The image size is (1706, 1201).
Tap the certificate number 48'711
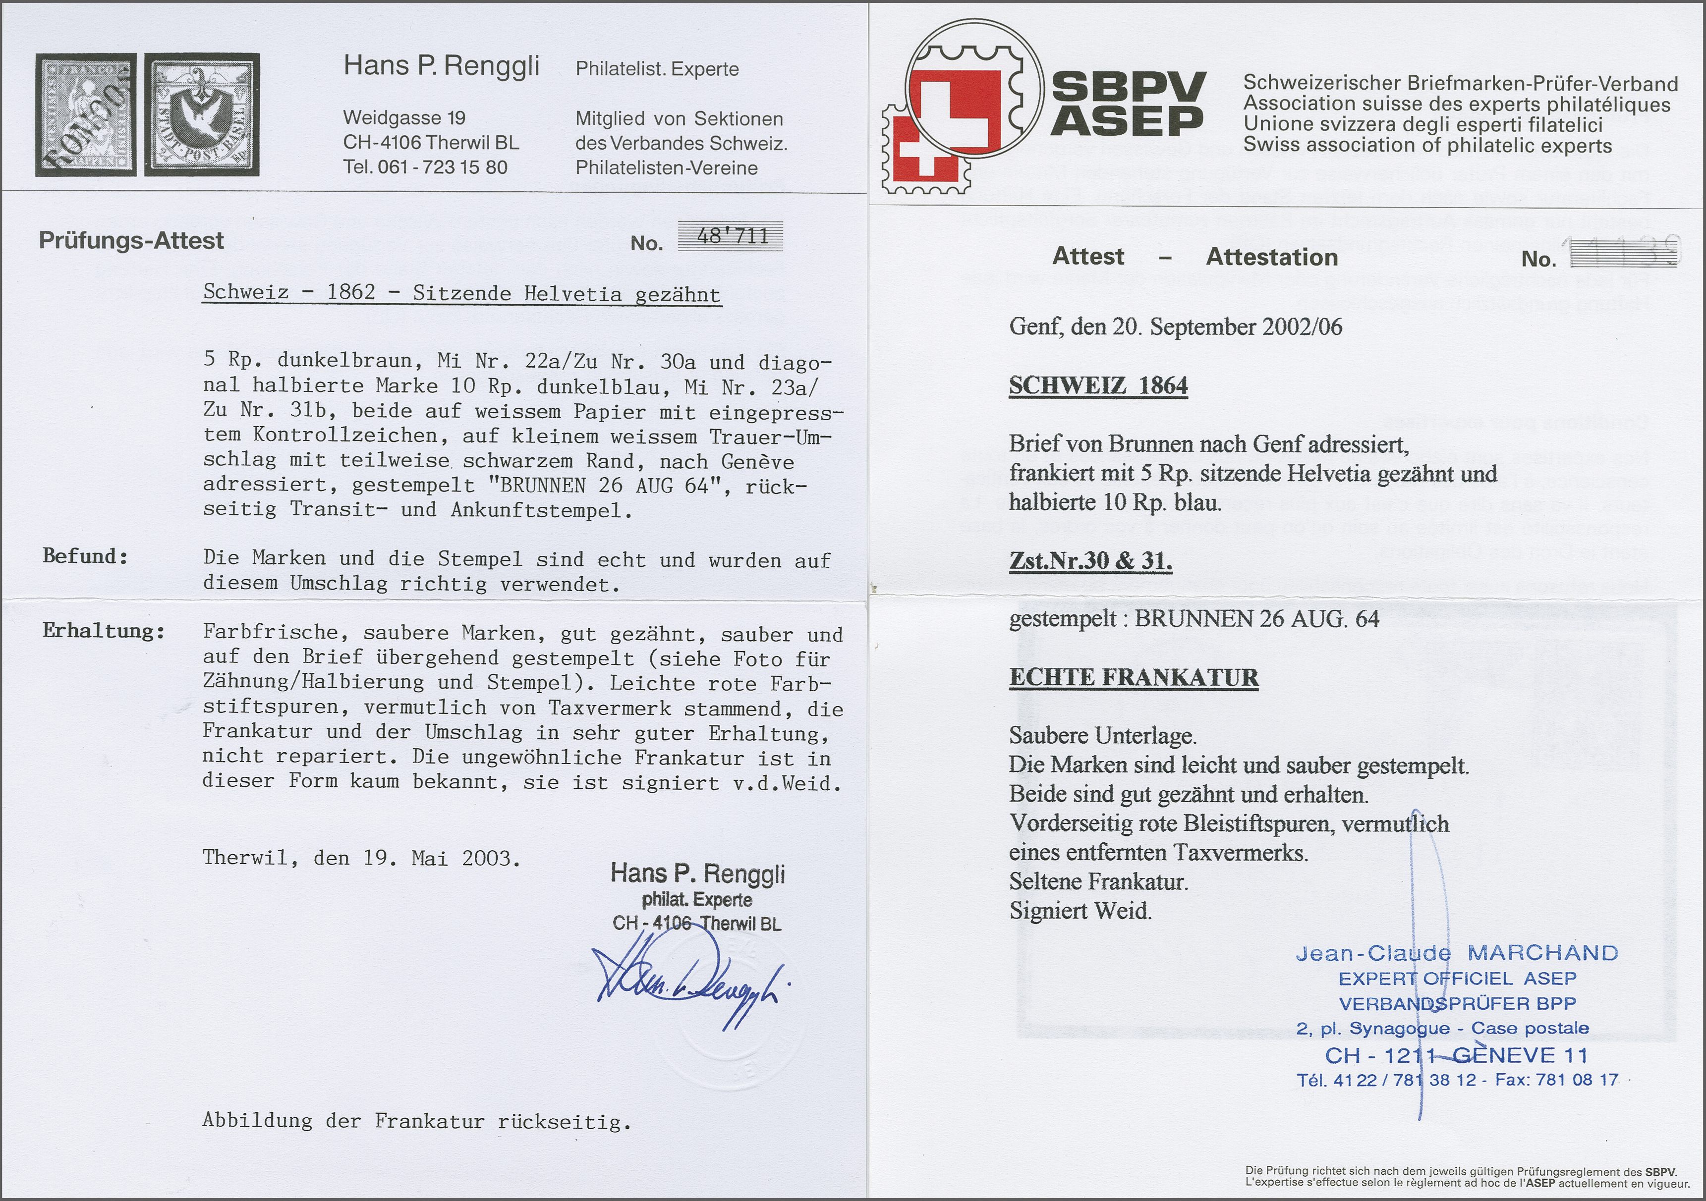click(x=731, y=237)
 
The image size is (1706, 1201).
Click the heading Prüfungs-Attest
click(x=131, y=241)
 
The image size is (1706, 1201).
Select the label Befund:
click(x=85, y=556)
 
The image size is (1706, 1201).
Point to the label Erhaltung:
click(x=103, y=631)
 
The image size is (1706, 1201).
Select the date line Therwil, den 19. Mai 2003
click(x=361, y=859)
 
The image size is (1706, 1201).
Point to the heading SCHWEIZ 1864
click(x=1098, y=386)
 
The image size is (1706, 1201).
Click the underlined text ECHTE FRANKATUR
click(x=1134, y=677)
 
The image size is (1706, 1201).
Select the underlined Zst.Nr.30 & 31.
click(x=1090, y=561)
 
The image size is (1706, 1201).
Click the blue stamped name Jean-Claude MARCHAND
click(x=1456, y=953)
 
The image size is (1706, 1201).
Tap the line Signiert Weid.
click(x=1080, y=911)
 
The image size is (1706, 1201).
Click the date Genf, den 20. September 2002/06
click(x=1176, y=328)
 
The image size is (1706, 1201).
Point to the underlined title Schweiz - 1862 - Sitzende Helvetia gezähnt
click(x=461, y=293)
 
